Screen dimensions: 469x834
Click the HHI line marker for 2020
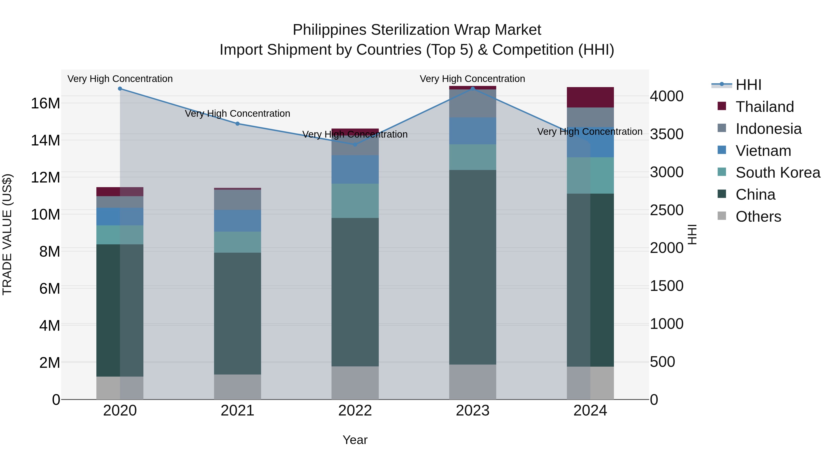coord(120,89)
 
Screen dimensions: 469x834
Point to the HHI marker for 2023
coord(472,89)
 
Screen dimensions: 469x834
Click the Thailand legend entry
coord(764,107)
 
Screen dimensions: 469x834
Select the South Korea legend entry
coord(778,173)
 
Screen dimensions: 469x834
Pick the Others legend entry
coord(758,217)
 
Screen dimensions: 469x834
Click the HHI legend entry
coord(748,85)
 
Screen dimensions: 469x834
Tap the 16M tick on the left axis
coord(45,104)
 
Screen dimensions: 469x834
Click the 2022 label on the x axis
coord(355,411)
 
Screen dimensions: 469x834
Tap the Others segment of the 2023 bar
coord(472,382)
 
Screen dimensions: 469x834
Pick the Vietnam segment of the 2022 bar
coord(355,169)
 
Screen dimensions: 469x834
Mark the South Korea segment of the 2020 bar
coord(120,235)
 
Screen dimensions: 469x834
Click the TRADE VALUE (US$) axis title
coord(7,234)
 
